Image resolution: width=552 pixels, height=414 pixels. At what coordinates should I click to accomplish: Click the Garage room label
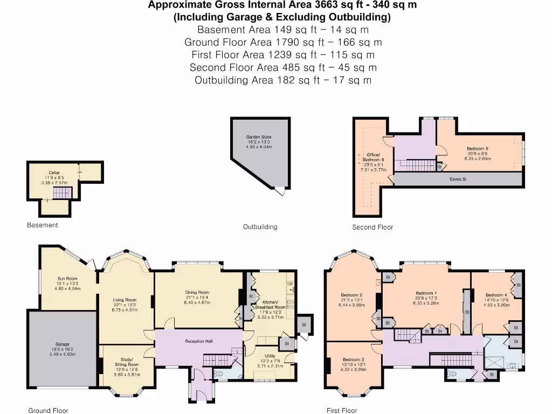coord(62,344)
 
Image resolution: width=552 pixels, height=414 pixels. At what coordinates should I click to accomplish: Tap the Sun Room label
coord(68,279)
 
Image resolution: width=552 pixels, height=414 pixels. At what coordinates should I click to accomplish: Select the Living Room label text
coord(125,300)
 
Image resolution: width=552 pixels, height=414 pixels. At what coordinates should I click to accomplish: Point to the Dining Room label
coord(197,292)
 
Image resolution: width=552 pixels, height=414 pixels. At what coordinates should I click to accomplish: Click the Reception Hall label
coord(199,341)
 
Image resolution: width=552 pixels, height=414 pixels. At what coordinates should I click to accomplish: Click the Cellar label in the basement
coord(54,172)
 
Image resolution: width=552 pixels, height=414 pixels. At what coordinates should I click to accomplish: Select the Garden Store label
coord(259,137)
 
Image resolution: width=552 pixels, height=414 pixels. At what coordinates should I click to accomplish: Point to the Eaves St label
coord(458,179)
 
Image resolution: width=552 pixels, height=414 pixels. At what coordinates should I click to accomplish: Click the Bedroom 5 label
coord(478,148)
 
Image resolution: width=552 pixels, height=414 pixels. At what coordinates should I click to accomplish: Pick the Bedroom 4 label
coord(496,295)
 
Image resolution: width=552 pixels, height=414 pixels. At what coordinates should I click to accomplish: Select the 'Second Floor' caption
coord(372,227)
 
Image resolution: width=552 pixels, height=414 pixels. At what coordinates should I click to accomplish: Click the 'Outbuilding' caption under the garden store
coord(260,227)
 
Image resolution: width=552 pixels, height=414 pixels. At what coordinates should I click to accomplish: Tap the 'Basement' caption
coord(43,225)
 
